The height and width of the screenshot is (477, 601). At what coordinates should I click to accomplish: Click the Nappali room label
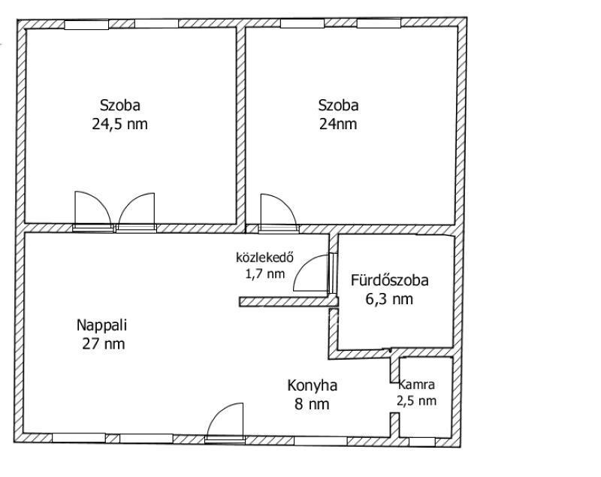[x=101, y=325]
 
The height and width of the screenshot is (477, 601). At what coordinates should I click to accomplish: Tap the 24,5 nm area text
[x=119, y=124]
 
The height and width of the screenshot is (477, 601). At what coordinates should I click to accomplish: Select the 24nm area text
[x=338, y=124]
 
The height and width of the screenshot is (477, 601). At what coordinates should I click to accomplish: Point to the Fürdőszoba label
[x=389, y=280]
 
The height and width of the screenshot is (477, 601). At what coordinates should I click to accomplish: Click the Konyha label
[x=312, y=385]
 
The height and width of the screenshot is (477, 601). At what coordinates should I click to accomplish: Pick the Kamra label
[x=417, y=385]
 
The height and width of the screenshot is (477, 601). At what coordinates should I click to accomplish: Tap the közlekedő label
[x=265, y=257]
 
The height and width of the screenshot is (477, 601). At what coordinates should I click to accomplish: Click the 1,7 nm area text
[x=265, y=273]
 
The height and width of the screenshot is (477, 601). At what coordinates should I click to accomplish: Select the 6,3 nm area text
[x=389, y=299]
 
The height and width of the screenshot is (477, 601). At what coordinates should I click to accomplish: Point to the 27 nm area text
[x=104, y=344]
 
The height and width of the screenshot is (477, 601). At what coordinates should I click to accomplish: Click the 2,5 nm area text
[x=417, y=401]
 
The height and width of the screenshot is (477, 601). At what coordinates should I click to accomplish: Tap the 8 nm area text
[x=312, y=404]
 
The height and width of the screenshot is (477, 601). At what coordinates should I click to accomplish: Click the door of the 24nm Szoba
[x=278, y=213]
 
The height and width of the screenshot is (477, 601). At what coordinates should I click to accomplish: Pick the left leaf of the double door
[x=93, y=211]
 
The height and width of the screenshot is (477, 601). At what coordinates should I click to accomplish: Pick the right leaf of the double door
[x=137, y=212]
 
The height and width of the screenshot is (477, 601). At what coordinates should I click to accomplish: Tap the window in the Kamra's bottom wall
[x=421, y=442]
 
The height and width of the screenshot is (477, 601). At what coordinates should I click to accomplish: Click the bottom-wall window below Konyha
[x=321, y=441]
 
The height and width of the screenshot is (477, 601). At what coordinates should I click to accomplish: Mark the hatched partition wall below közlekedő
[x=288, y=301]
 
